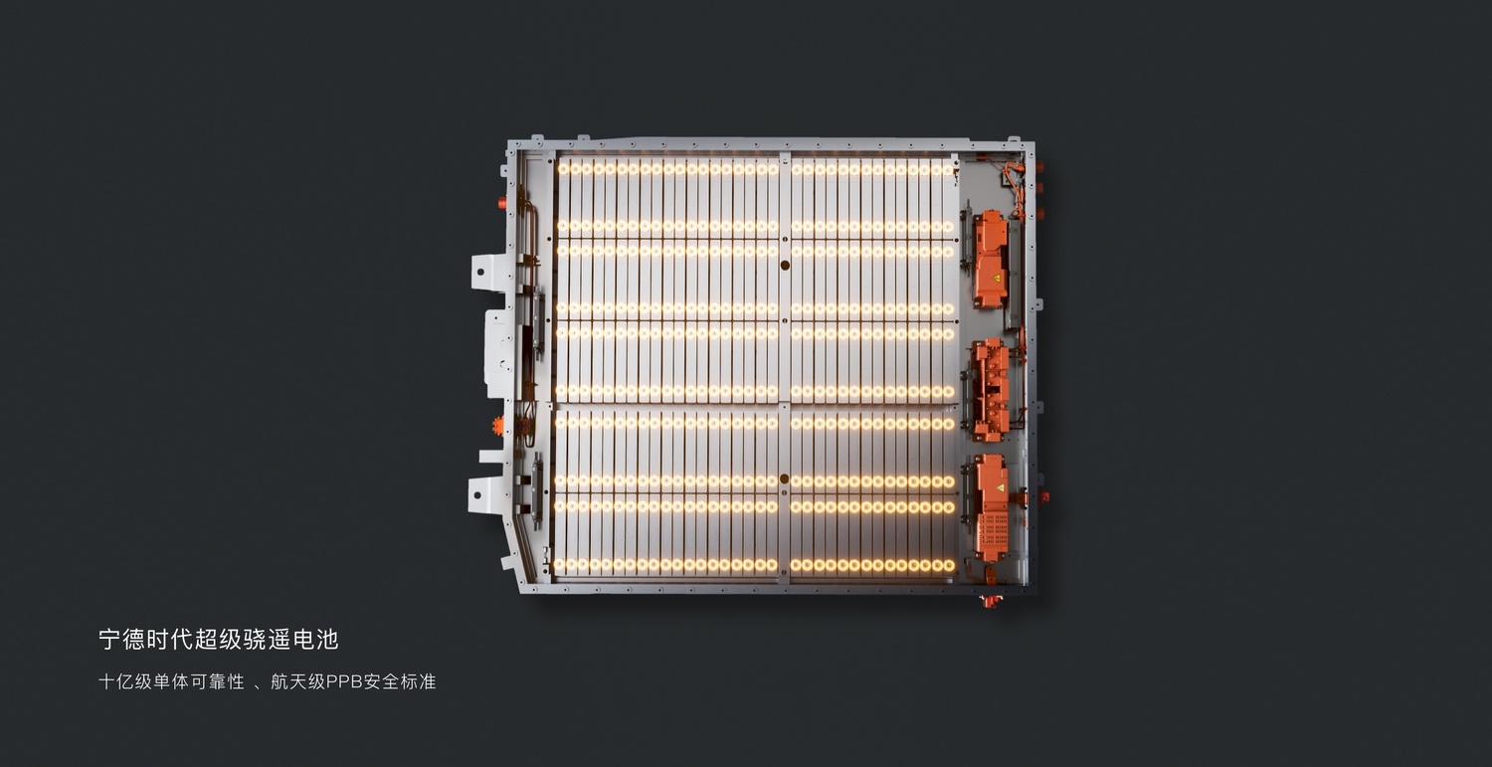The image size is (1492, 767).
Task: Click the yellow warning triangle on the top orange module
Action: pyautogui.click(x=997, y=279)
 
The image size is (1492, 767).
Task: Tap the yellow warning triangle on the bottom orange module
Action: pyautogui.click(x=1000, y=487)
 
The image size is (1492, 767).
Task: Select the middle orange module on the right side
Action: pyautogui.click(x=990, y=390)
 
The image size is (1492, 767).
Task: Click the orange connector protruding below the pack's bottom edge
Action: pyautogui.click(x=991, y=602)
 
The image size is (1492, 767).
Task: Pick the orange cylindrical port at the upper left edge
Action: pyautogui.click(x=502, y=203)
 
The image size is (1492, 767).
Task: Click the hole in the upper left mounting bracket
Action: pyautogui.click(x=478, y=272)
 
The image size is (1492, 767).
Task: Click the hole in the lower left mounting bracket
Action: pyautogui.click(x=475, y=495)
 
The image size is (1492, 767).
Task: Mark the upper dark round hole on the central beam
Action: pyautogui.click(x=785, y=266)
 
